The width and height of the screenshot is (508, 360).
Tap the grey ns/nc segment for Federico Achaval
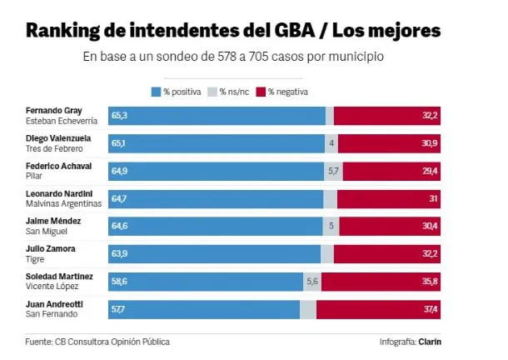coord(334,171)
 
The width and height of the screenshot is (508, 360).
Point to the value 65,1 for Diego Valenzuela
coord(118,143)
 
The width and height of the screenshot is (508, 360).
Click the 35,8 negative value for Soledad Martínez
coord(430,281)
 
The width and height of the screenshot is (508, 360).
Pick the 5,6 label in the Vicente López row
coord(312,281)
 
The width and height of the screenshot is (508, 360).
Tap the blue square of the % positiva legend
coord(156,92)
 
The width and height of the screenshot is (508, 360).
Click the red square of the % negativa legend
coord(261,92)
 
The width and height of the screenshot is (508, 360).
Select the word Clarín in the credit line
coord(430,342)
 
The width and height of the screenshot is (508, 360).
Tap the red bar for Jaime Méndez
coord(390,226)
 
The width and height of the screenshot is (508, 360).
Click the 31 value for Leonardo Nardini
coord(433,198)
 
